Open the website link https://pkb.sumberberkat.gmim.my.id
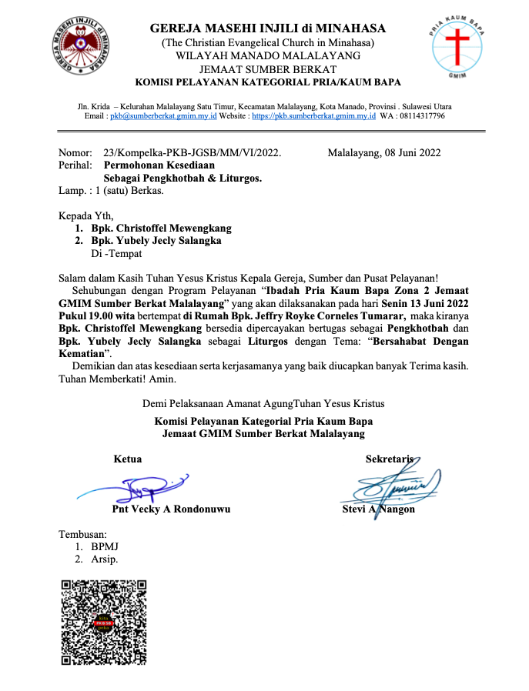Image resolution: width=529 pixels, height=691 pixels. tap(314, 116)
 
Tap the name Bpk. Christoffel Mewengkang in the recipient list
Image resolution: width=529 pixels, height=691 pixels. tap(161, 229)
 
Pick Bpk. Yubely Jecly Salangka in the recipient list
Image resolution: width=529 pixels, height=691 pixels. tap(156, 241)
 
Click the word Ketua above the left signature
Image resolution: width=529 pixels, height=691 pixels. tap(128, 459)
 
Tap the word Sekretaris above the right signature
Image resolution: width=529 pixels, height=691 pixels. tap(390, 459)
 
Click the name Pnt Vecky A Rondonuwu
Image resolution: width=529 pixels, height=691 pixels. tap(171, 509)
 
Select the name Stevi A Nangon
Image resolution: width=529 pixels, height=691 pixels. tap(378, 509)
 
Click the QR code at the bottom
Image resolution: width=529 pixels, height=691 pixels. tap(103, 622)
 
